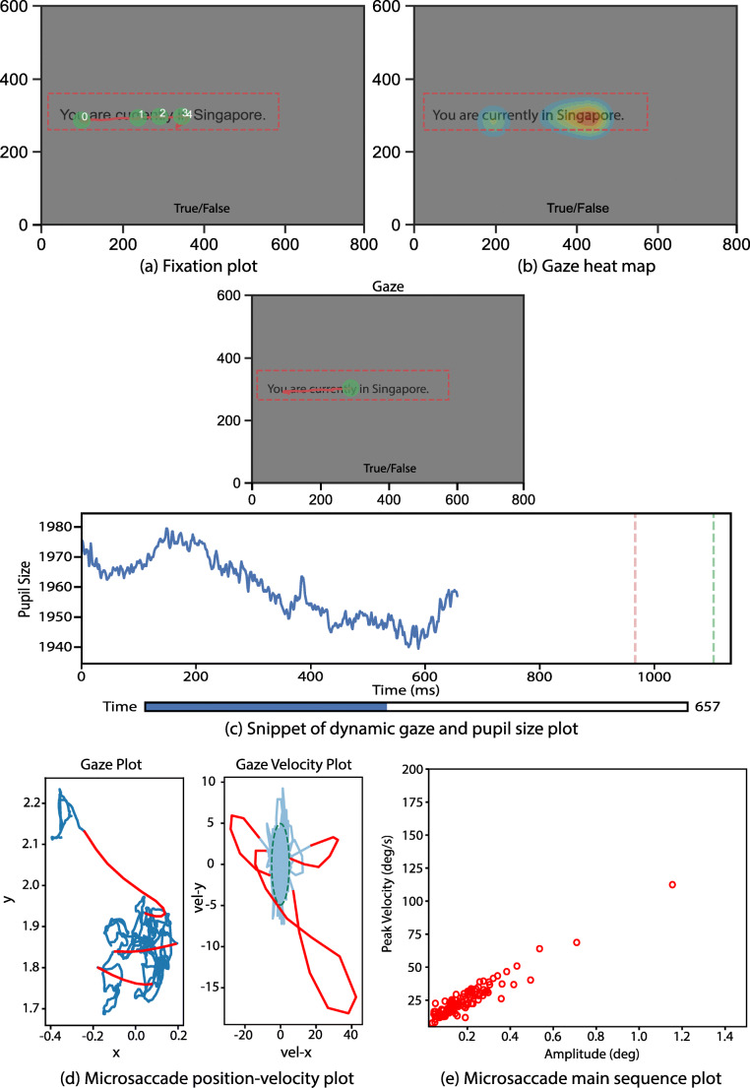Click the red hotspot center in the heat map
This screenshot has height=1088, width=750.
pyautogui.click(x=588, y=116)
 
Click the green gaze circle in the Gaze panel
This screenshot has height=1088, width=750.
pyautogui.click(x=350, y=389)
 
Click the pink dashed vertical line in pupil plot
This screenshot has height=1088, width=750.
pyautogui.click(x=635, y=589)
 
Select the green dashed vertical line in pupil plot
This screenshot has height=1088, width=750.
pyautogui.click(x=714, y=589)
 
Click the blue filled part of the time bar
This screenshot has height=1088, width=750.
pyautogui.click(x=266, y=707)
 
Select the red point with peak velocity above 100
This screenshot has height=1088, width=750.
pyautogui.click(x=672, y=884)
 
